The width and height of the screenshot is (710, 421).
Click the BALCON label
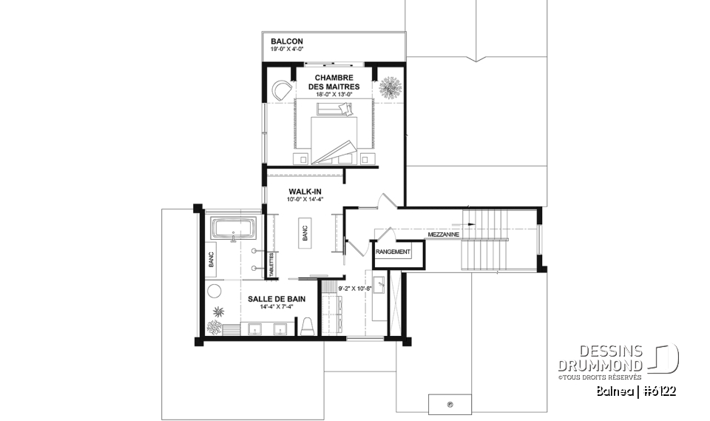[286, 41]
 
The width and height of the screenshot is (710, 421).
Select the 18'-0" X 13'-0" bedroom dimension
[332, 94]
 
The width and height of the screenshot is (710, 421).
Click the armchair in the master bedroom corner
[281, 90]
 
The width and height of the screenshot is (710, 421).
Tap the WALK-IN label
[304, 190]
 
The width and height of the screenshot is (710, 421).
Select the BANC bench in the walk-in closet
[305, 233]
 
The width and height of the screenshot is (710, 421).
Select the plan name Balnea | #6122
[637, 390]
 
